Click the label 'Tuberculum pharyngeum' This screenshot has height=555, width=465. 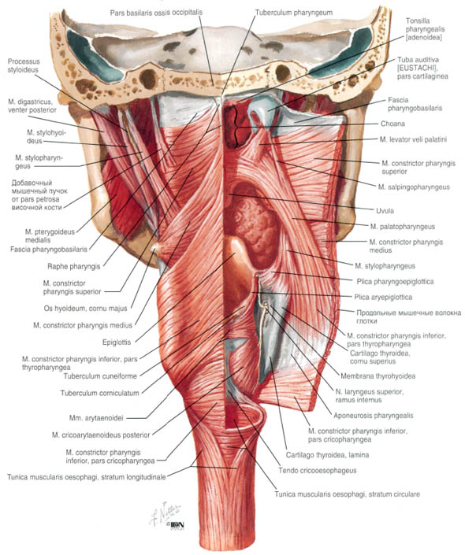(x=293, y=13)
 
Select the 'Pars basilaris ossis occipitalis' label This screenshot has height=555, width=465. (x=156, y=13)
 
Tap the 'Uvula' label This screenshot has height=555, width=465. (x=385, y=211)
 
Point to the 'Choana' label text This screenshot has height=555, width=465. (x=392, y=124)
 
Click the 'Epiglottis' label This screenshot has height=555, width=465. (x=117, y=342)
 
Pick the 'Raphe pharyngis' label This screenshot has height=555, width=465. (x=74, y=267)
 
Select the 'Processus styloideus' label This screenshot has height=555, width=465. (x=24, y=65)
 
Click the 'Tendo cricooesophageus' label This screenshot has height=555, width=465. (x=317, y=471)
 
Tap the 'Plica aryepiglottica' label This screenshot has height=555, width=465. (x=383, y=297)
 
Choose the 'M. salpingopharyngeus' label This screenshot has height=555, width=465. (x=414, y=187)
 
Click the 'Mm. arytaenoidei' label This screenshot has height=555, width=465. (x=96, y=418)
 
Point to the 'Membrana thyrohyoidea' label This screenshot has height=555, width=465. (x=378, y=376)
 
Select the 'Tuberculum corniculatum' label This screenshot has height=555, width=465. (x=99, y=393)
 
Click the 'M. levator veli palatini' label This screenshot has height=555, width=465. (x=413, y=139)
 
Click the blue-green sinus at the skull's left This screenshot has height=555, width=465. (x=95, y=55)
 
